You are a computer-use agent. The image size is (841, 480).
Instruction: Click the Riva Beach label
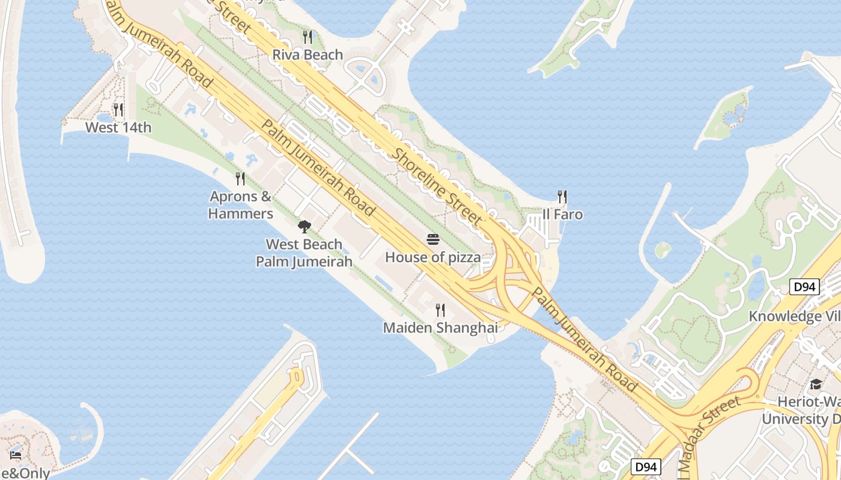308,55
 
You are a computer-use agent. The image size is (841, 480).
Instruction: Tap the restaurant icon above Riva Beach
308,37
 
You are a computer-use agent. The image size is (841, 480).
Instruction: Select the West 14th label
118,127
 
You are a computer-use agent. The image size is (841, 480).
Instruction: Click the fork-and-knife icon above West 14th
118,110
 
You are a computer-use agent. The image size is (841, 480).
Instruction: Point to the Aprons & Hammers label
240,205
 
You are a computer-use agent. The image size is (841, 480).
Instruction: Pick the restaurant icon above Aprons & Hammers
240,178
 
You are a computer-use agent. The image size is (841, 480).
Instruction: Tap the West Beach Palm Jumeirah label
304,253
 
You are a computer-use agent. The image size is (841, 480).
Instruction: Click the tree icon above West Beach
305,227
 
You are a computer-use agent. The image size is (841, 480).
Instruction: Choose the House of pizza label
433,257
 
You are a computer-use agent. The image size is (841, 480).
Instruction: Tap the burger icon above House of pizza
433,240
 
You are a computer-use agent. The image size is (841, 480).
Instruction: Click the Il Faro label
562,214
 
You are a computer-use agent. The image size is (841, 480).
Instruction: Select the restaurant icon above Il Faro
562,197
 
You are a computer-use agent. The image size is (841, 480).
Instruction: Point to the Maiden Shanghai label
440,328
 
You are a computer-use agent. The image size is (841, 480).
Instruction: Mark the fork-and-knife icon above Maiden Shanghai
440,310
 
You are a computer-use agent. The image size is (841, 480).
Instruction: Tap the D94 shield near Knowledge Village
804,287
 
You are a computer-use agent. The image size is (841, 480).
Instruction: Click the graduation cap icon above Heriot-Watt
816,384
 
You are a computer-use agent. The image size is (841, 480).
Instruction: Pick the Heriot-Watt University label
801,410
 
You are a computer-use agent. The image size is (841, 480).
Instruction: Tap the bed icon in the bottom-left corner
16,455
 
